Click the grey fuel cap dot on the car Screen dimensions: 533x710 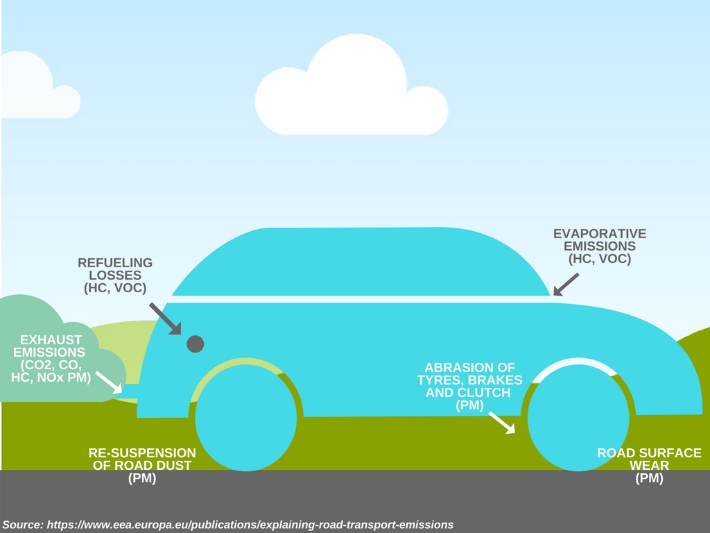(196, 343)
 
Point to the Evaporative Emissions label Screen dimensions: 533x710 (600, 246)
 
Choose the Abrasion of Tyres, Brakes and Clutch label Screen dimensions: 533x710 (469, 386)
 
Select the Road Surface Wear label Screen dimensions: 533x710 (649, 465)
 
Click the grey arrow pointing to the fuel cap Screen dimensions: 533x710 (164, 318)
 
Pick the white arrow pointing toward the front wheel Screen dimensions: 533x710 (502, 422)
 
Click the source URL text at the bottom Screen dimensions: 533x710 (250, 524)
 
